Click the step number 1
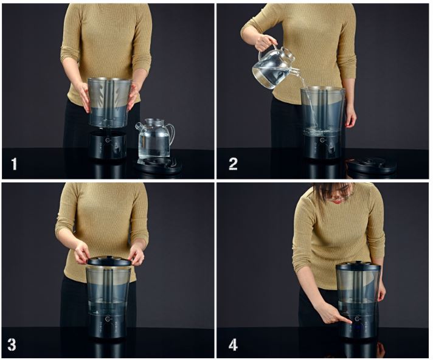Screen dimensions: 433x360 click(14, 164)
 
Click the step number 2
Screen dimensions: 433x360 click(233, 164)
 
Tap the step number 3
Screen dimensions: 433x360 click(12, 345)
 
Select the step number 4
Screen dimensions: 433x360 click(233, 345)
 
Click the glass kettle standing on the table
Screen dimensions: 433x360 click(154, 138)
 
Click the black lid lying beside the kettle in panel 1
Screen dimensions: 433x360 click(158, 165)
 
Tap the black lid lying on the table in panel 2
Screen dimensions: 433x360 click(372, 165)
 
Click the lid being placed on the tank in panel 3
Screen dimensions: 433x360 click(109, 261)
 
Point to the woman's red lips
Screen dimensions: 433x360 click(336, 202)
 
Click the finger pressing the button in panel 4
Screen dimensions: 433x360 click(344, 320)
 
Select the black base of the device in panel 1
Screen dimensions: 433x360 click(108, 145)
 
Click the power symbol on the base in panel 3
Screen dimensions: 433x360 click(107, 319)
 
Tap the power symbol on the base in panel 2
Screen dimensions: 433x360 click(322, 140)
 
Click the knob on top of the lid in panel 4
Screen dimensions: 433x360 click(358, 262)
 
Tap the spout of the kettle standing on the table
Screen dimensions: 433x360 click(139, 127)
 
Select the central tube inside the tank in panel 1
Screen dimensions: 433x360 click(108, 102)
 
